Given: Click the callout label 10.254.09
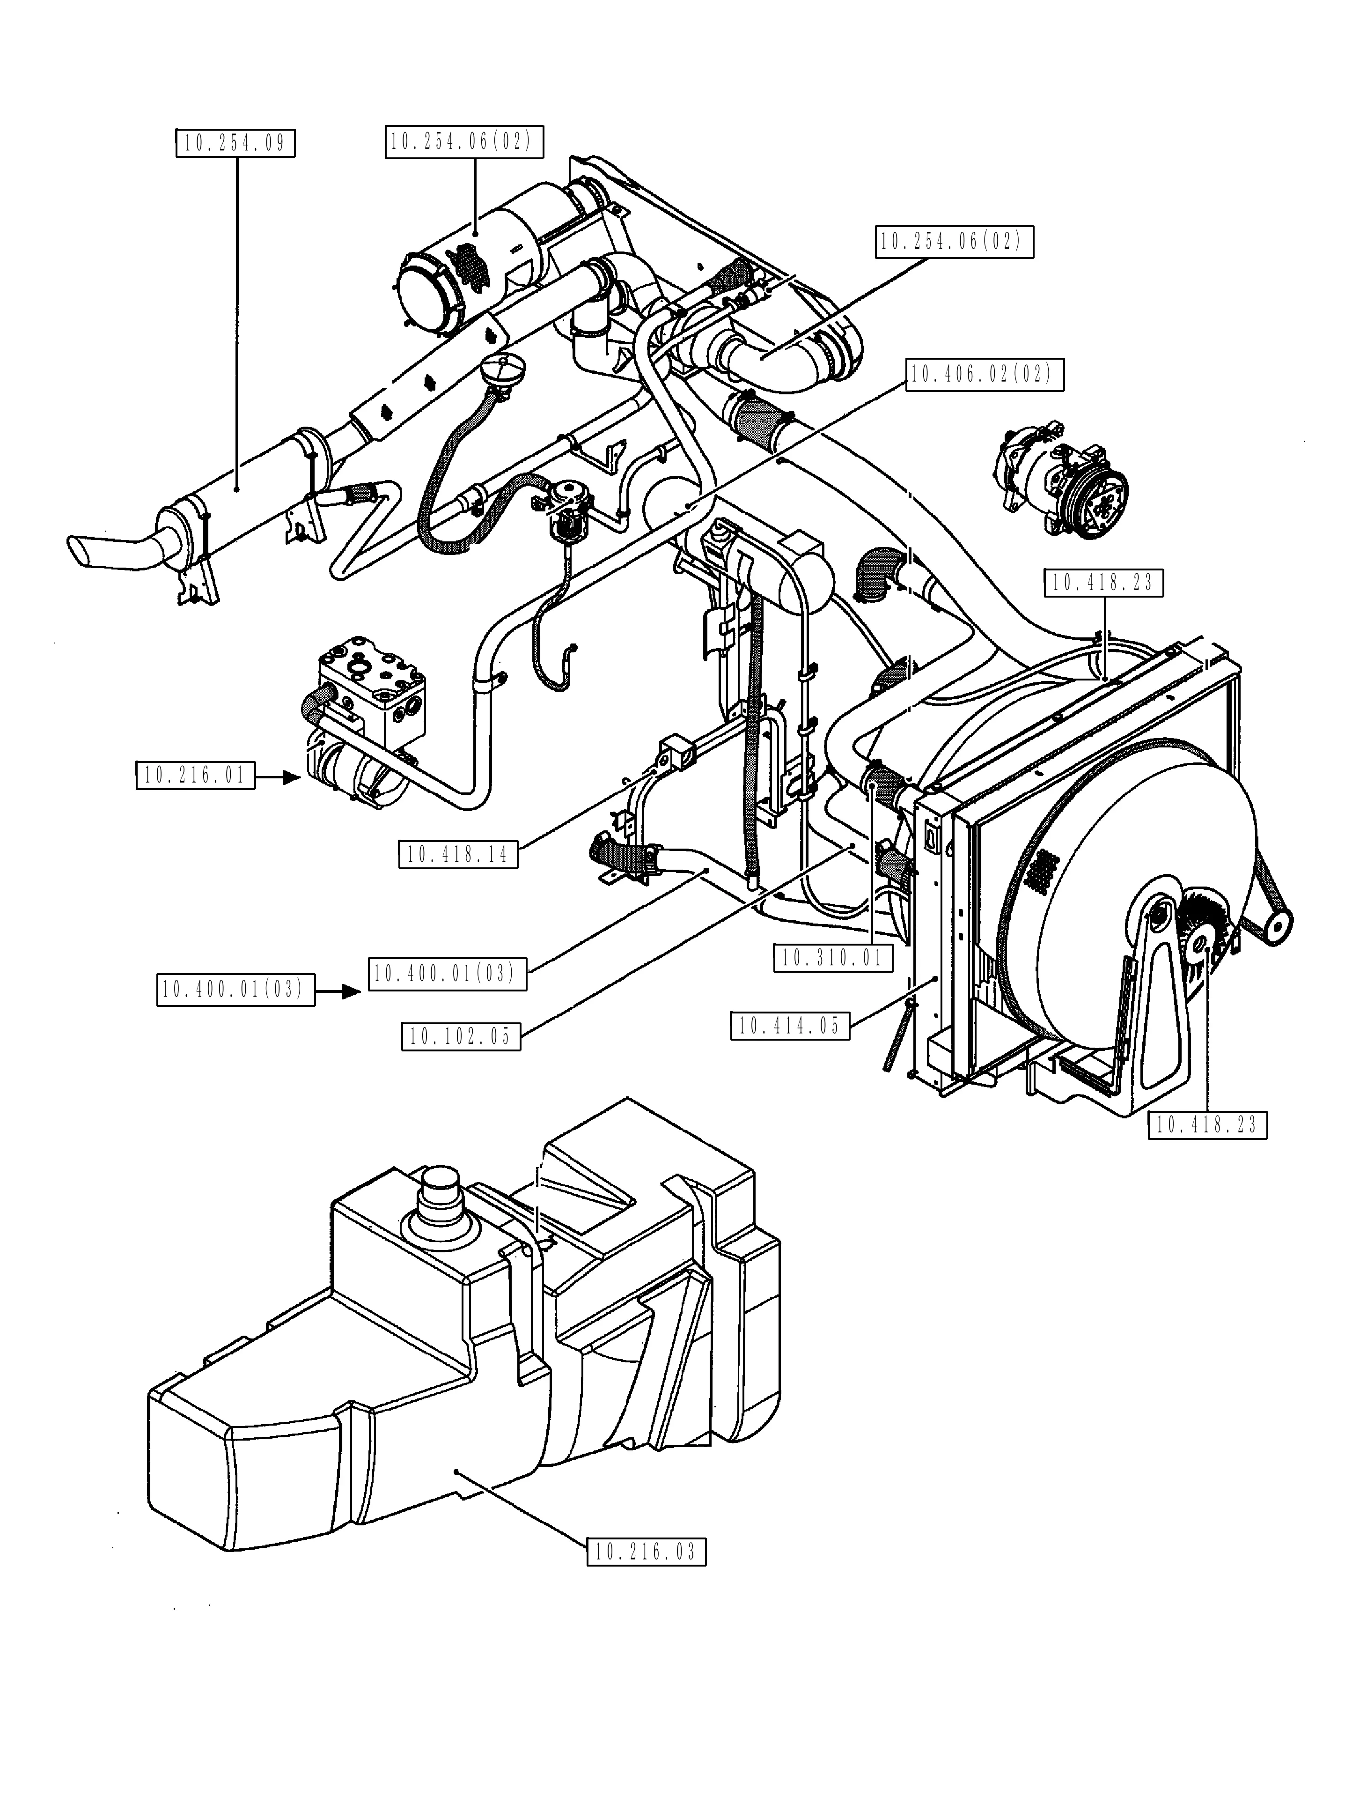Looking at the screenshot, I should [x=235, y=143].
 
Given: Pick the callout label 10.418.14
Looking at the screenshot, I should [x=458, y=855].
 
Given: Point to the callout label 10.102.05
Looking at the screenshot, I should [x=461, y=1036].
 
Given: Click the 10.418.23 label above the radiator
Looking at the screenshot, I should [x=1102, y=582].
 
